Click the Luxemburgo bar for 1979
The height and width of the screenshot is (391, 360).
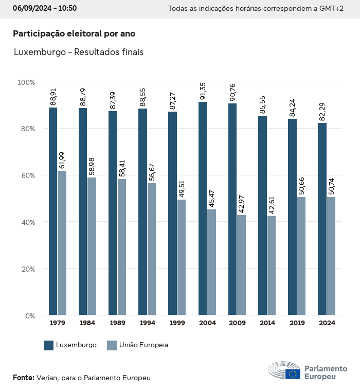(x=53, y=211)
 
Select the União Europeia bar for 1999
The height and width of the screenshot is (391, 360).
(x=182, y=257)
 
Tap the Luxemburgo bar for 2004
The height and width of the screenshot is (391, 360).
(x=203, y=208)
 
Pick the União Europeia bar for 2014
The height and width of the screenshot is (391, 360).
(x=271, y=265)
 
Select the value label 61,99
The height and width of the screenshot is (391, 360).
(x=62, y=160)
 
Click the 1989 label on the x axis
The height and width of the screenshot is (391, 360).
(x=117, y=323)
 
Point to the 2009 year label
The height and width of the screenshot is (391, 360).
(x=237, y=323)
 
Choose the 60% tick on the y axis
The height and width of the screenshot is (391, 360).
(x=27, y=175)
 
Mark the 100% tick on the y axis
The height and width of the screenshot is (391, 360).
(x=26, y=82)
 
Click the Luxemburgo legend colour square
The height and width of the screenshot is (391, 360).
(x=49, y=345)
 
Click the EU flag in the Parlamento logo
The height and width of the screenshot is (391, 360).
(x=293, y=374)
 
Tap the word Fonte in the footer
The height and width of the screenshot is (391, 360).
(x=23, y=378)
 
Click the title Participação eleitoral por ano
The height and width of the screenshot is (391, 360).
(x=74, y=33)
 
